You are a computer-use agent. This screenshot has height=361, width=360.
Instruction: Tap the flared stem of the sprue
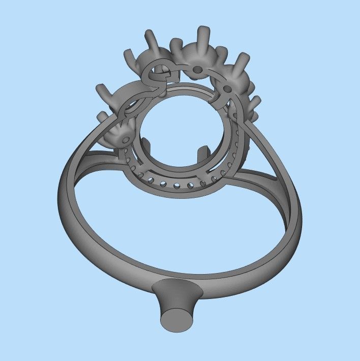tap(176, 297)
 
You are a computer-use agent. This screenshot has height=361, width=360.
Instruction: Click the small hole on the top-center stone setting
tap(197, 68)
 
